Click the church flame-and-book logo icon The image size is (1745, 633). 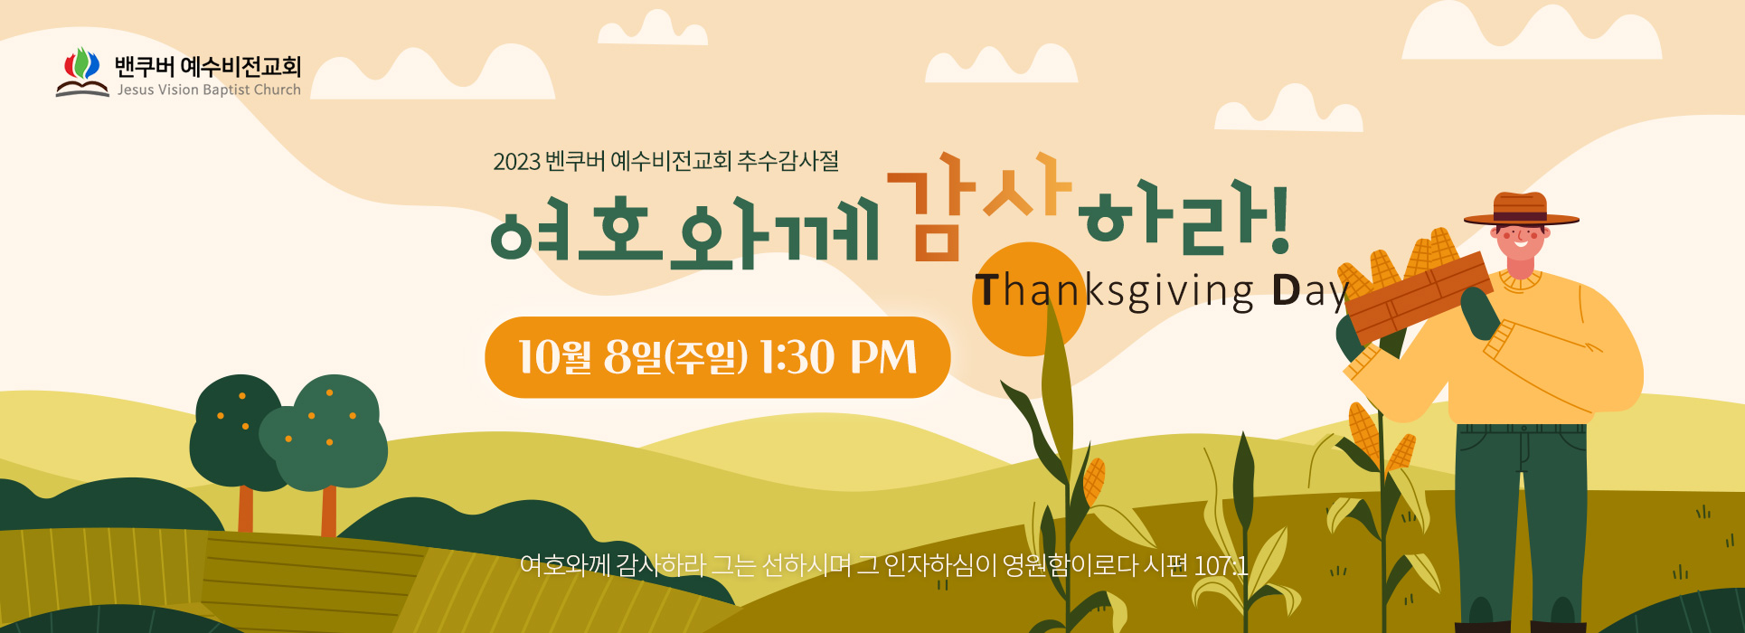tap(82, 71)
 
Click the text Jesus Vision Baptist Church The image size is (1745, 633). tap(209, 90)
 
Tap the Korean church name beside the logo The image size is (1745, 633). tap(208, 66)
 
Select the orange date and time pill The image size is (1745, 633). tap(718, 357)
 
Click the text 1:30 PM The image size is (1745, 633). tap(838, 356)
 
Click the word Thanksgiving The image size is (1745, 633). tap(1115, 291)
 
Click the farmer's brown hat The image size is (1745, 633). tap(1521, 210)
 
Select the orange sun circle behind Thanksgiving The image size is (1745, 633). tap(1029, 298)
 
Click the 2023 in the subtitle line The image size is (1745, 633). tap(516, 162)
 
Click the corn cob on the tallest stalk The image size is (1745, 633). tap(1094, 481)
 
